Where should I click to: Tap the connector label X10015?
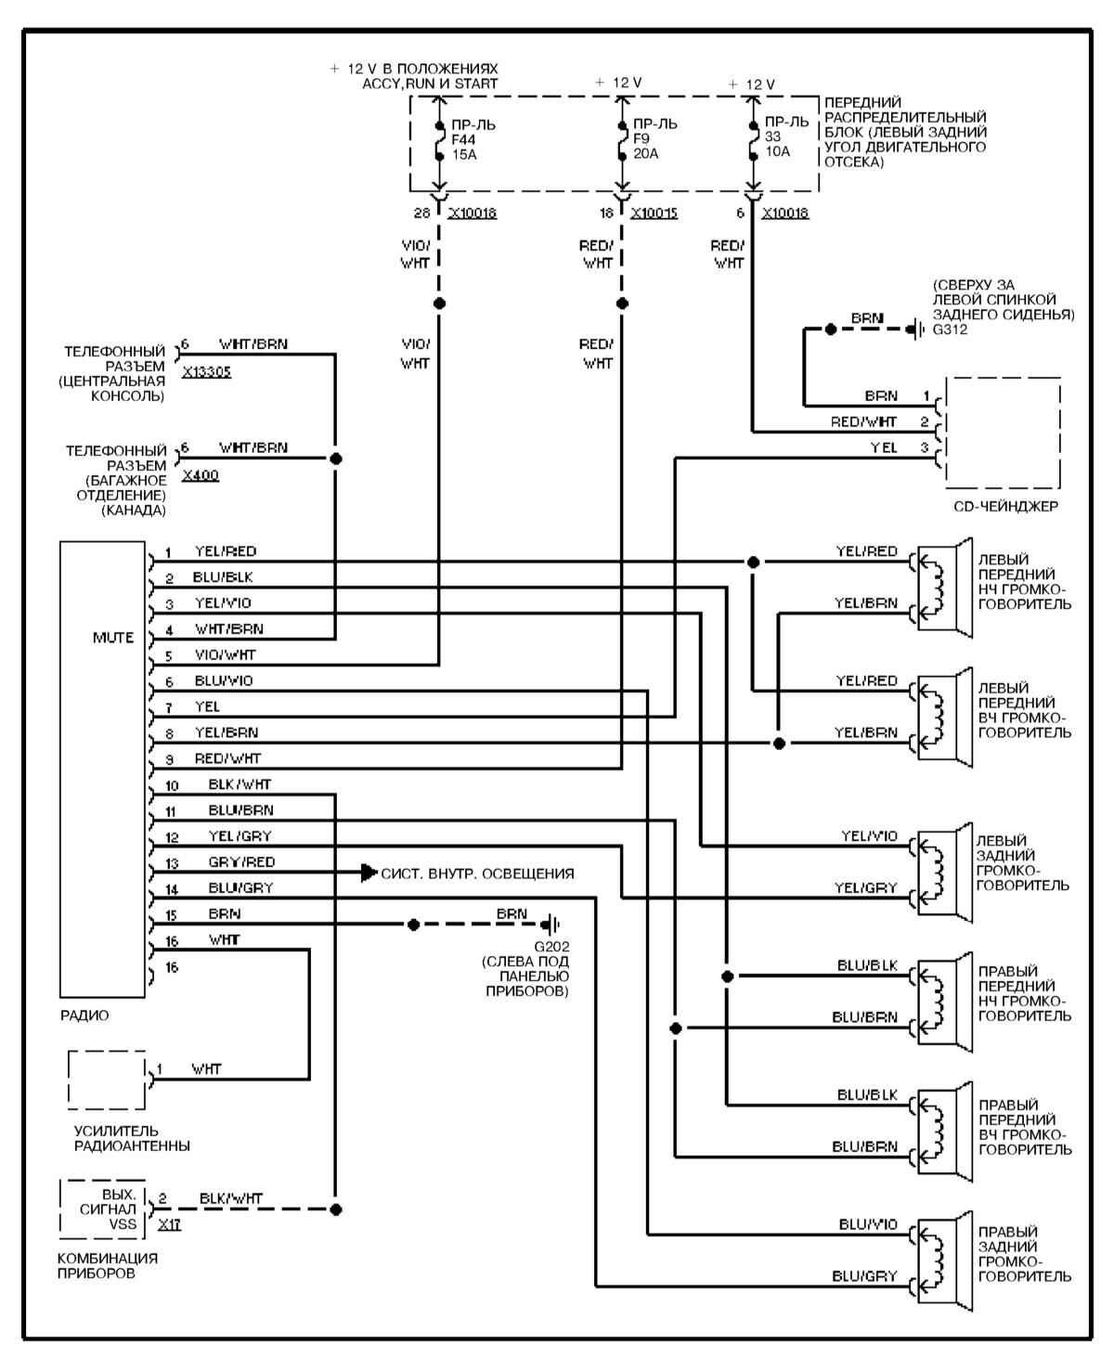click(654, 213)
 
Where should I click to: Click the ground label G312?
click(951, 329)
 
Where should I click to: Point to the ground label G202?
click(551, 946)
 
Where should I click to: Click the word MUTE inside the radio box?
click(112, 638)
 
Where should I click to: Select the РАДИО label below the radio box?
click(84, 1015)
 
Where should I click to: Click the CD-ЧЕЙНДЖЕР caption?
click(1005, 507)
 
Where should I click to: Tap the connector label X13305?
click(206, 372)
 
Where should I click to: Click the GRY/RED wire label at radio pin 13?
click(241, 861)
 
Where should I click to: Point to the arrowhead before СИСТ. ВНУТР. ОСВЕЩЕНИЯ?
click(369, 873)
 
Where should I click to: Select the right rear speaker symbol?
click(941, 1249)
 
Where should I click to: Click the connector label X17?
click(169, 1224)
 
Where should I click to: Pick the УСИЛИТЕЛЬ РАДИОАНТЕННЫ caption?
click(132, 1139)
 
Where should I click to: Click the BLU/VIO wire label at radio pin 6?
click(223, 680)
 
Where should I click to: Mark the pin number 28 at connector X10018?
click(422, 213)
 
